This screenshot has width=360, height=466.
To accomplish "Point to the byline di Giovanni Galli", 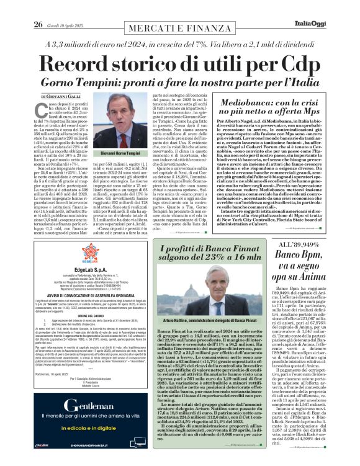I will pyautogui.click(x=62, y=97).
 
